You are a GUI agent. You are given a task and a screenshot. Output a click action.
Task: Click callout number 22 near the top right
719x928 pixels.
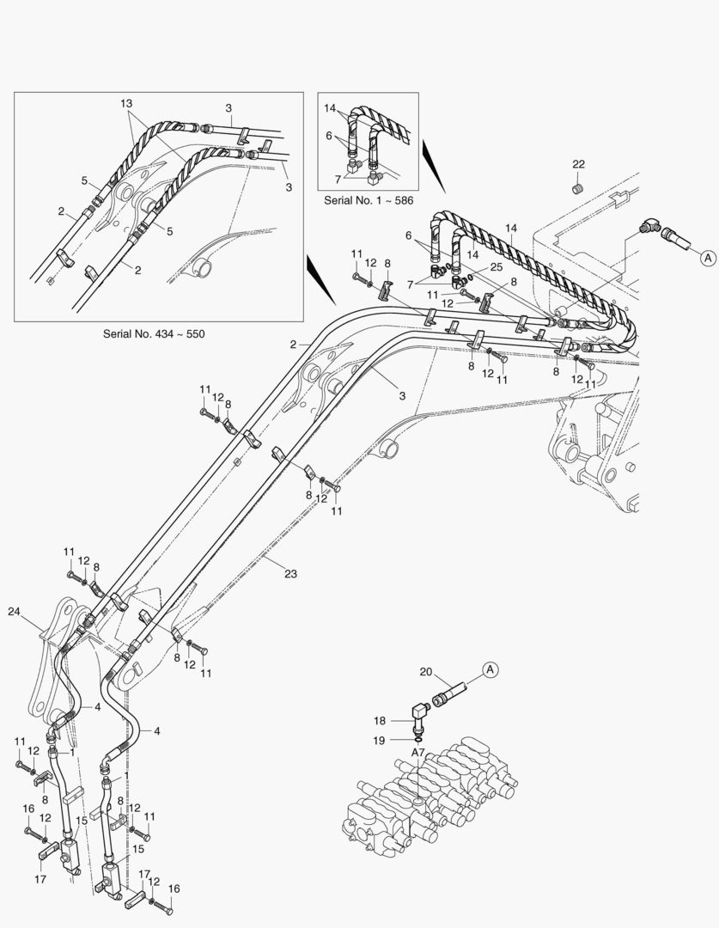click(x=578, y=164)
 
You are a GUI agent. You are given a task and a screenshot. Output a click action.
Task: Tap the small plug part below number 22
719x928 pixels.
click(x=578, y=186)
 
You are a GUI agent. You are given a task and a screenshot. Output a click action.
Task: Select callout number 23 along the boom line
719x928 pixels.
click(x=291, y=573)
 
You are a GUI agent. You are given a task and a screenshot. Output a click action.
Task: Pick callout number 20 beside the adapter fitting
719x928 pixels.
click(x=426, y=672)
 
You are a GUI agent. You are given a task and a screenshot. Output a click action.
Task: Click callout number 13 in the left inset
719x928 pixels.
click(x=126, y=104)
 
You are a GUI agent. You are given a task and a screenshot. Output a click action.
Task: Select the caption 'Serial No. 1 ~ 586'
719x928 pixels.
click(x=368, y=199)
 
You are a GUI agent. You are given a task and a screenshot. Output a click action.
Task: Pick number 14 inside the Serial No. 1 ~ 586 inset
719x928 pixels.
click(x=330, y=107)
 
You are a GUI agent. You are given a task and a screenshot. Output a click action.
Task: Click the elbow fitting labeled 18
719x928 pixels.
click(x=422, y=713)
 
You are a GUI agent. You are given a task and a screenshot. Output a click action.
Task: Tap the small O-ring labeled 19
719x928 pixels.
click(x=417, y=736)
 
